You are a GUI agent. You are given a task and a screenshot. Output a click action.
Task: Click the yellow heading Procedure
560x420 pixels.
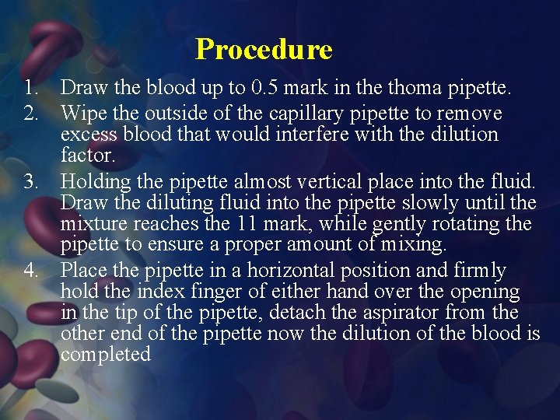pyautogui.click(x=264, y=49)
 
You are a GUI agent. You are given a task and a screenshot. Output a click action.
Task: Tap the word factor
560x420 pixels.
pyautogui.click(x=87, y=156)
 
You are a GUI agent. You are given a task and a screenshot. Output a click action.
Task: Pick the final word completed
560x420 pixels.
pyautogui.click(x=105, y=355)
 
